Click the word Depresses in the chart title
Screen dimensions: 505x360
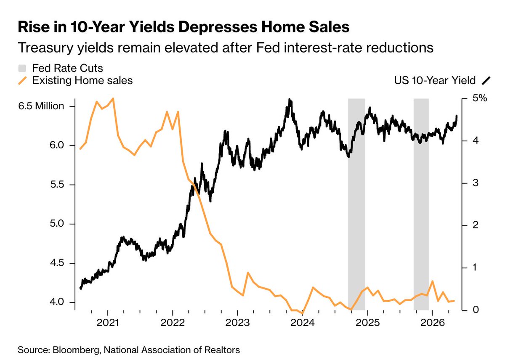pyautogui.click(x=218, y=27)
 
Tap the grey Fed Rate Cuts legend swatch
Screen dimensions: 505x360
pyautogui.click(x=22, y=68)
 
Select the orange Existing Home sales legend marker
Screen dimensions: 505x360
pyautogui.click(x=22, y=81)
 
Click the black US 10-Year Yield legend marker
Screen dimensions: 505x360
pyautogui.click(x=486, y=81)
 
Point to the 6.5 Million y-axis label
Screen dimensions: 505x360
pyautogui.click(x=41, y=106)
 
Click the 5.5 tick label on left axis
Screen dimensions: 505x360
pyautogui.click(x=57, y=185)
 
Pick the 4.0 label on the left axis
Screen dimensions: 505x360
pyautogui.click(x=57, y=302)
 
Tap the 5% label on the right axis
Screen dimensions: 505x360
pyautogui.click(x=480, y=98)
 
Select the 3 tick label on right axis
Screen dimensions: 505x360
pyautogui.click(x=475, y=183)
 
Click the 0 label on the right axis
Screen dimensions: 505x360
pyautogui.click(x=476, y=310)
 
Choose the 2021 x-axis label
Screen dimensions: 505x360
pyautogui.click(x=108, y=323)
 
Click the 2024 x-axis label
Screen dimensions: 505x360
pyautogui.click(x=302, y=323)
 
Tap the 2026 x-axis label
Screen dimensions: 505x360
pyautogui.click(x=433, y=323)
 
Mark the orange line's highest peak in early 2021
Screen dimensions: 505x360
pyautogui.click(x=113, y=98)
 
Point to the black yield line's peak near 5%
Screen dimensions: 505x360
pyautogui.click(x=290, y=99)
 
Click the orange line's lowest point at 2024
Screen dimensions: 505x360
pyautogui.click(x=302, y=313)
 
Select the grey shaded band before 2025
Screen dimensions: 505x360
pyautogui.click(x=357, y=204)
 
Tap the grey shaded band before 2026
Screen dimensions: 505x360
pyautogui.click(x=421, y=204)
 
